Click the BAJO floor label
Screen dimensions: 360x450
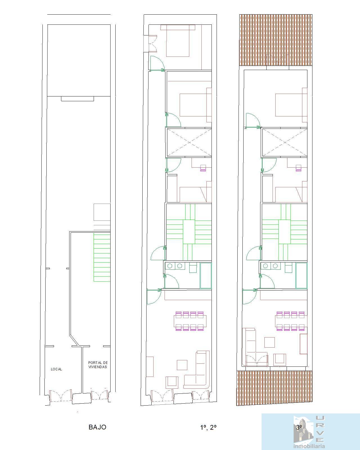point(97,427)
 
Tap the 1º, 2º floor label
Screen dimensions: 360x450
point(208,427)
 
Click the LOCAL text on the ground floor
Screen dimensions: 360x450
point(57,369)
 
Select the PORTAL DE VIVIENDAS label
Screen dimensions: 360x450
point(98,365)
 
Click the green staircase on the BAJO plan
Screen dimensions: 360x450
point(102,257)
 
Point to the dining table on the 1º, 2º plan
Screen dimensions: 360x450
point(190,321)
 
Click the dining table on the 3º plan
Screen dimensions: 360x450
point(291,321)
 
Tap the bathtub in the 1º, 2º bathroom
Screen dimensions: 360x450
point(206,275)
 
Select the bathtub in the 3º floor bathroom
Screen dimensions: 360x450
point(301,275)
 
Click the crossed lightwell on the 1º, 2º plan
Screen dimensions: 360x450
point(189,142)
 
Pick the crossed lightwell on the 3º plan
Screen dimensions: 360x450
point(285,142)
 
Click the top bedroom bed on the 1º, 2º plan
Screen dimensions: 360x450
point(177,41)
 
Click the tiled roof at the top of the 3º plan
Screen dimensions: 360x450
point(276,40)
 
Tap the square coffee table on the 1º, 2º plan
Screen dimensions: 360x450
point(182,365)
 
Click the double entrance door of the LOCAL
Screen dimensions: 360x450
point(60,395)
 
